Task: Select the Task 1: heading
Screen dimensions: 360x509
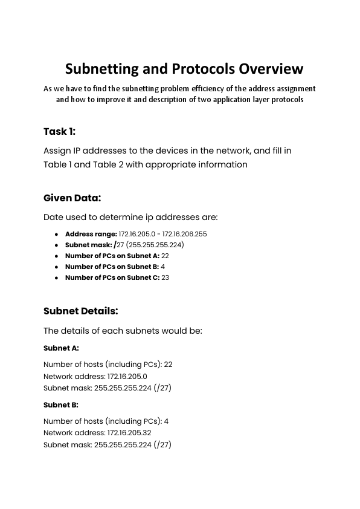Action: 59,132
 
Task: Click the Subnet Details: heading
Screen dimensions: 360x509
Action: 80,311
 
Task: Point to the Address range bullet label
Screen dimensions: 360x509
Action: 91,233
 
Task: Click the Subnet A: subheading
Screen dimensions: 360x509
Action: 61,348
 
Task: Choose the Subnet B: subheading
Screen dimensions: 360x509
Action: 61,405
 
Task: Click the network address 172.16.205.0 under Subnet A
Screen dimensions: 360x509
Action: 127,376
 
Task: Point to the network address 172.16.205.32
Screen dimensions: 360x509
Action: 129,433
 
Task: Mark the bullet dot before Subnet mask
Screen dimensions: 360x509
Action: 56,245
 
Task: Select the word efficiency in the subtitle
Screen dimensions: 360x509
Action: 190,89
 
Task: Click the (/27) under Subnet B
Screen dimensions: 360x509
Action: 163,444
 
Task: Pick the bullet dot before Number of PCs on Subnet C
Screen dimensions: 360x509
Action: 56,278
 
